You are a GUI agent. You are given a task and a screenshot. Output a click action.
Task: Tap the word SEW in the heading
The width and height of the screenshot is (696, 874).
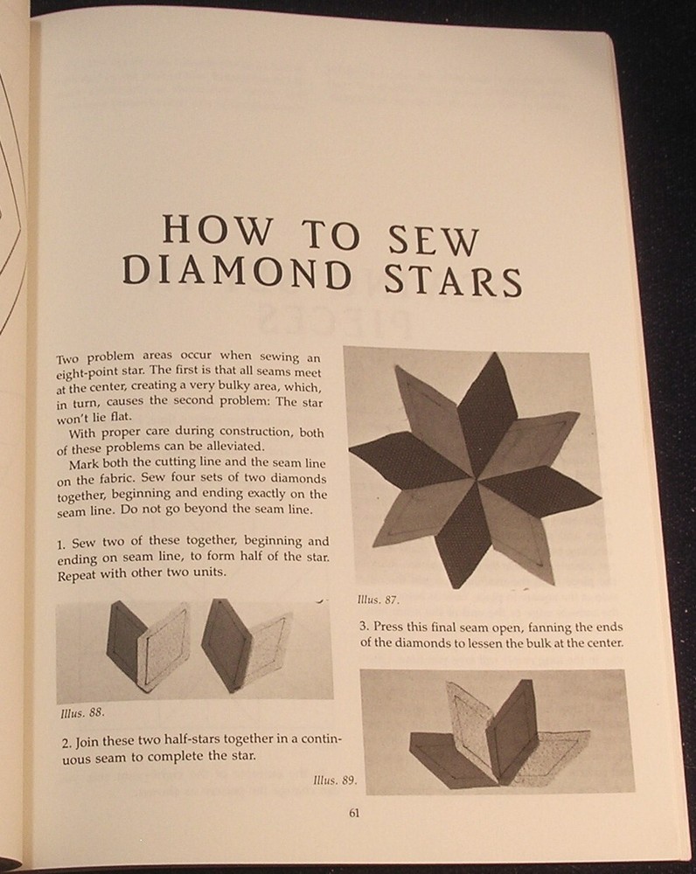tap(433, 240)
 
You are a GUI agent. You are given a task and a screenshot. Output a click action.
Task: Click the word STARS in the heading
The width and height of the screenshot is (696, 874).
tap(451, 280)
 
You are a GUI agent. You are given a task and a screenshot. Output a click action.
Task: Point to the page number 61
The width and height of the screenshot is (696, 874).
tap(355, 813)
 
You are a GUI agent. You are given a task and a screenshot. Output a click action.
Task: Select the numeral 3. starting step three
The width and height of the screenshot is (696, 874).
tap(364, 627)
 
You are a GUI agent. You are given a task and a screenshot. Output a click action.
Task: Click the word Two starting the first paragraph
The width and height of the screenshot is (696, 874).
tap(67, 360)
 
